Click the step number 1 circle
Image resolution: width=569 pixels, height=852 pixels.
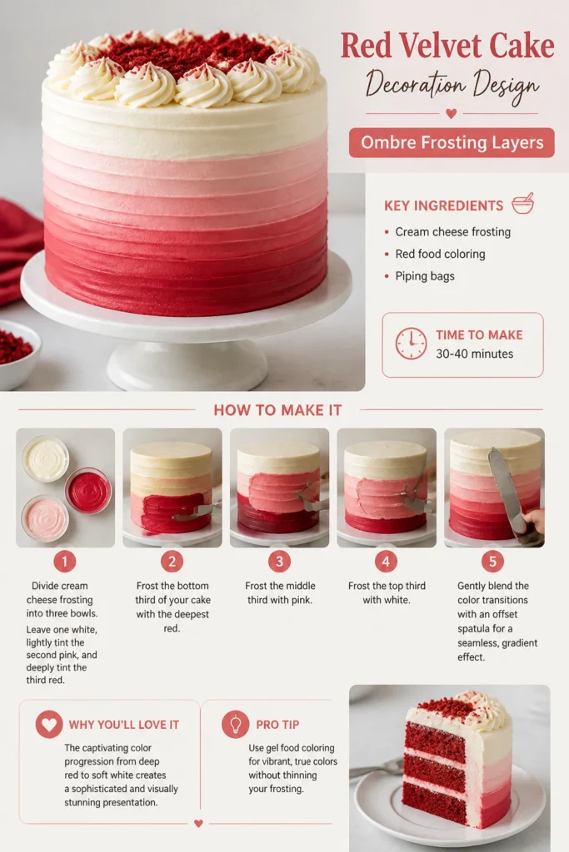tap(65, 562)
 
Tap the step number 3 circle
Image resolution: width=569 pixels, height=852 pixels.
tap(279, 562)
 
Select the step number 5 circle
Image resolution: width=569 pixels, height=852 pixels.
tap(493, 562)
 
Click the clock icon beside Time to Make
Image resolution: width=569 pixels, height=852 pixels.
tap(411, 344)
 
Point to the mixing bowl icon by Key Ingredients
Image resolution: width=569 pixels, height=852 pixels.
tap(523, 203)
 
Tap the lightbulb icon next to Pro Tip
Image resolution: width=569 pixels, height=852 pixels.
tap(236, 725)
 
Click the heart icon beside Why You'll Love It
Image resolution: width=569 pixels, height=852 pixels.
tap(49, 725)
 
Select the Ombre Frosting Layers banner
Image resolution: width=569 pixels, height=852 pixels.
tap(452, 143)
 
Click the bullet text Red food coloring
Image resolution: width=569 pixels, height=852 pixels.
tap(440, 254)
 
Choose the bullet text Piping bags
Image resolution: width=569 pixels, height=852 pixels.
tap(425, 276)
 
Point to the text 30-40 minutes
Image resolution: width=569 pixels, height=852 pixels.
tap(474, 354)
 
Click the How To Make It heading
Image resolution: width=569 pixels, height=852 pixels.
tap(277, 410)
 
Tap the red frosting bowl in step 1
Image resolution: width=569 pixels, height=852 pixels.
tap(88, 491)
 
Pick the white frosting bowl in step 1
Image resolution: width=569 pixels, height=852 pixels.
tap(45, 458)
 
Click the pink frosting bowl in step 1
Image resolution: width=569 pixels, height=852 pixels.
tap(45, 518)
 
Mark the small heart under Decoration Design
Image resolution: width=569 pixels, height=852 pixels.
tap(451, 113)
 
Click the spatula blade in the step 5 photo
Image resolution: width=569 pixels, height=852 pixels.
tap(502, 485)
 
